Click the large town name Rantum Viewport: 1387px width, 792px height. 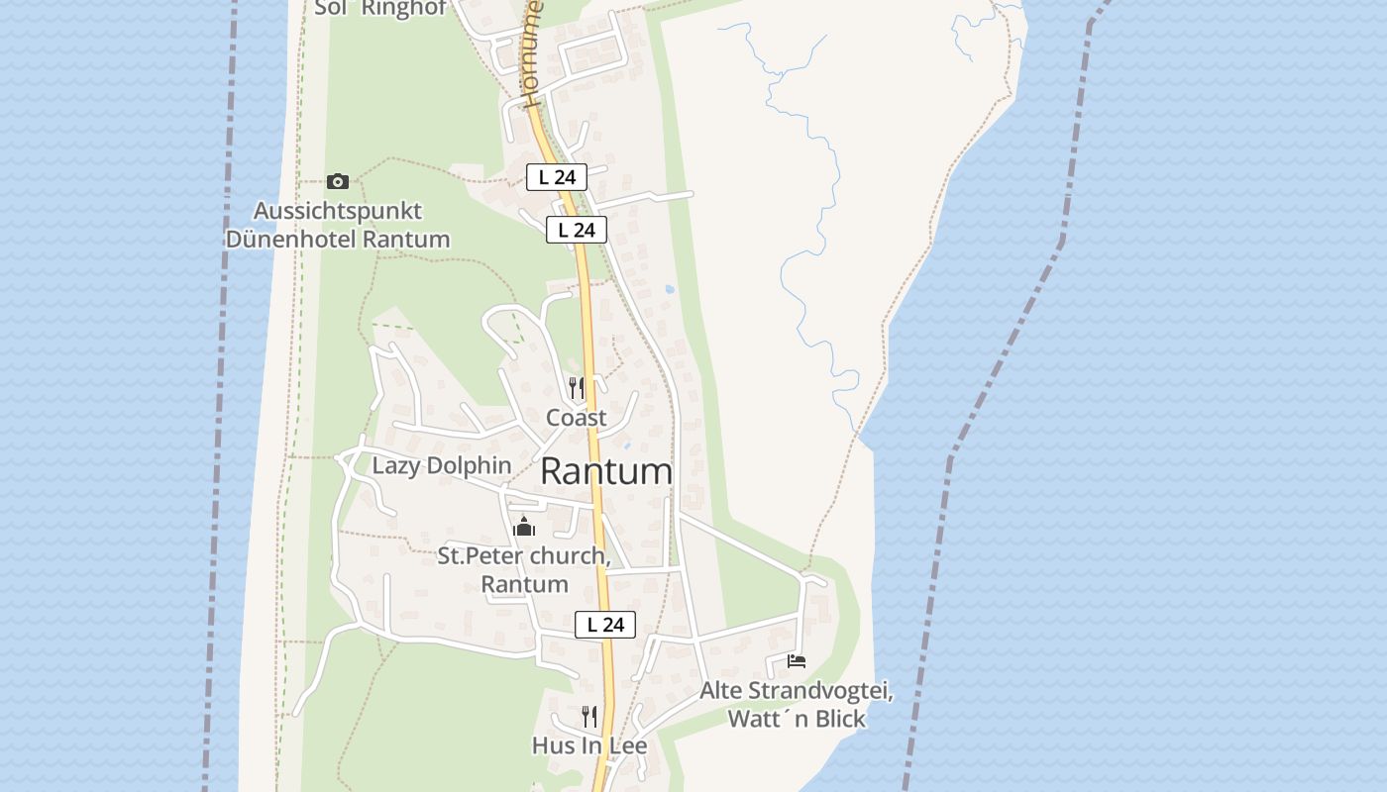tap(606, 471)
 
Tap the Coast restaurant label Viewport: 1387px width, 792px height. tap(576, 418)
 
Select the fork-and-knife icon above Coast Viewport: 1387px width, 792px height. tap(576, 387)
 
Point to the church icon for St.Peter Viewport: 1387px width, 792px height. tap(524, 527)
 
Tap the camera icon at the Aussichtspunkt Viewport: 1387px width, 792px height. tap(338, 181)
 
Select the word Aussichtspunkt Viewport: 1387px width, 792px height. tap(338, 211)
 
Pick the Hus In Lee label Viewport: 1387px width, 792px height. tap(589, 745)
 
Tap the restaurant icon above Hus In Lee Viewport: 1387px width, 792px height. tap(589, 716)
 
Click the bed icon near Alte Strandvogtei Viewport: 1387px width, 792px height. tap(796, 660)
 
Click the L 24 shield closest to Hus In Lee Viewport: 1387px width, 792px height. tap(605, 625)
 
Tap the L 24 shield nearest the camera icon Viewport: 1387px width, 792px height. tap(557, 177)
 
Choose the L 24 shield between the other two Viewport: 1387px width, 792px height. tap(577, 231)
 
